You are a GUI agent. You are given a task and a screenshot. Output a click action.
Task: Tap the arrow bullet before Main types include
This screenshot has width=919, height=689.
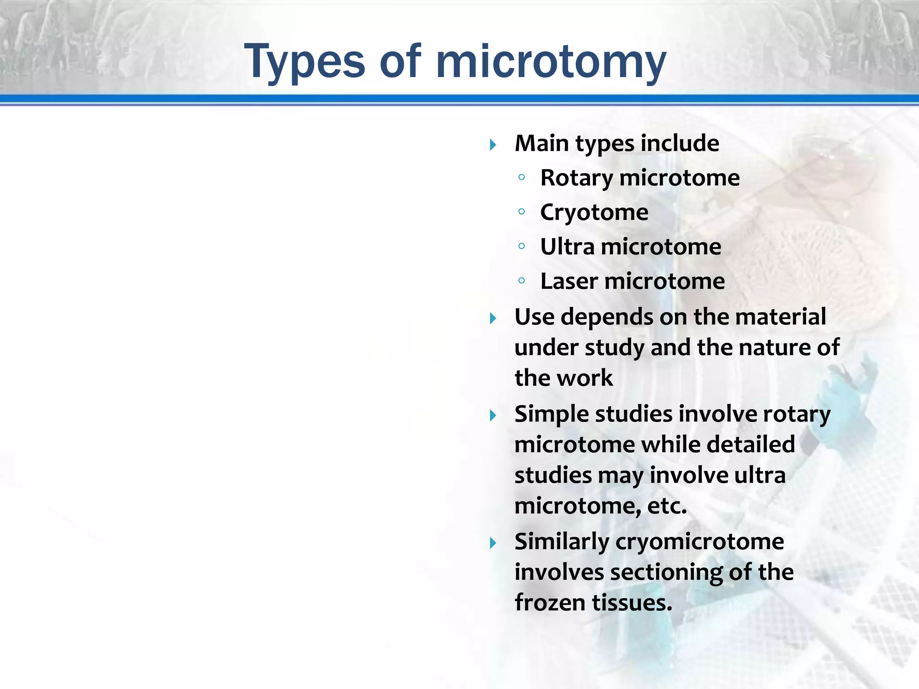[493, 145]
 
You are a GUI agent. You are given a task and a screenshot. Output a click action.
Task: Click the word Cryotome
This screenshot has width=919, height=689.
[594, 212]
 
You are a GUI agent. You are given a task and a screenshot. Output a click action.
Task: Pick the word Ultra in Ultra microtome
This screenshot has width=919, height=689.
[567, 247]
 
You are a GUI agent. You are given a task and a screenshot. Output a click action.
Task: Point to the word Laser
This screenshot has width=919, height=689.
[569, 281]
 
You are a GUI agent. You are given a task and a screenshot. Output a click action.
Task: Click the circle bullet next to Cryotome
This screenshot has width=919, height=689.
[521, 211]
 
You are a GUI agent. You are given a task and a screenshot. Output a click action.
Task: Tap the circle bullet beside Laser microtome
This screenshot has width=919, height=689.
[521, 281]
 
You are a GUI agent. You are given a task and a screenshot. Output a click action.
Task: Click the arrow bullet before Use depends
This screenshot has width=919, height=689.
[493, 319]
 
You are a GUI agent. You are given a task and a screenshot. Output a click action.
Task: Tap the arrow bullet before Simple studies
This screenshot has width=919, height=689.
[493, 416]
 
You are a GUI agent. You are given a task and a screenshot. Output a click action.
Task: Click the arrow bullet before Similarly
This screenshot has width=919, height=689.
[493, 544]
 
